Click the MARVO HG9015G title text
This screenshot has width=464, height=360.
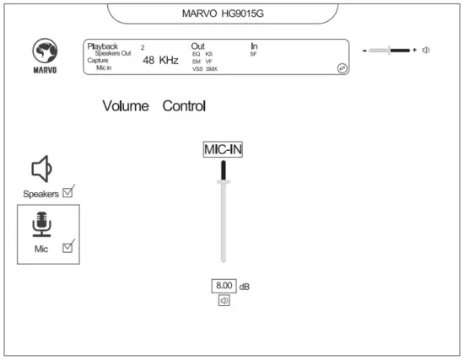coord(224,13)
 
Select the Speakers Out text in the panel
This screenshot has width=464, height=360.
coord(113,53)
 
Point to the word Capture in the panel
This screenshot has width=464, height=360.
coord(98,61)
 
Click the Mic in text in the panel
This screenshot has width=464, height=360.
coord(105,68)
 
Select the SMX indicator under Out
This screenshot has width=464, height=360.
coord(211,69)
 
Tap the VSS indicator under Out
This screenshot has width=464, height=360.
coord(197,69)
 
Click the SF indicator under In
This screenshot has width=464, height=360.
coord(253,54)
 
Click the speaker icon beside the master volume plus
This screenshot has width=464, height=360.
coord(427,50)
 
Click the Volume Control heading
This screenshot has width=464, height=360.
coord(154,107)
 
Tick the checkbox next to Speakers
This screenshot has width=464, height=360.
coord(68,191)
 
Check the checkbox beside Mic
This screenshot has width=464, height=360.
coord(68,246)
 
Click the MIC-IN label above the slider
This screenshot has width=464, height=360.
coord(223,150)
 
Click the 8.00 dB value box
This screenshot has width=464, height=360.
coord(224,286)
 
